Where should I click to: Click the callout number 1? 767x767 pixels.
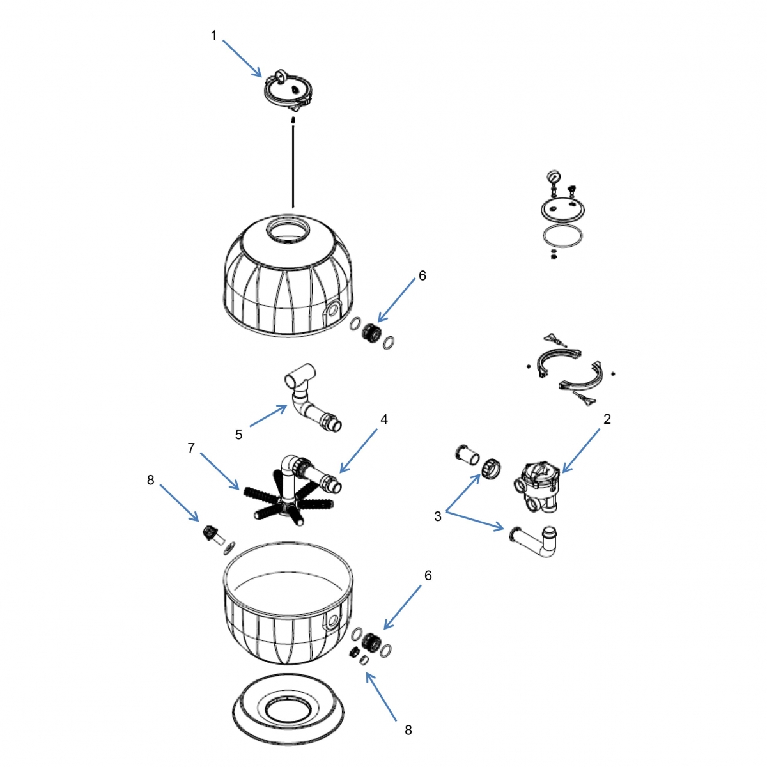point(214,36)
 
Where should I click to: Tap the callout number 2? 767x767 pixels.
point(607,419)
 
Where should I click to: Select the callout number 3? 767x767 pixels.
point(438,516)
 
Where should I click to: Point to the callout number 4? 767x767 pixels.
point(384,419)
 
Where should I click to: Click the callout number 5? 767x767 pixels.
point(238,435)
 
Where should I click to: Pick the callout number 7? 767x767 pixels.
point(191,448)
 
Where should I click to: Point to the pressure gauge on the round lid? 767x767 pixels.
point(552,177)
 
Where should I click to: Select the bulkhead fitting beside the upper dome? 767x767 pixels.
point(371,333)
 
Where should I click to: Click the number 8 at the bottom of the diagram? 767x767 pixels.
point(408,729)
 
